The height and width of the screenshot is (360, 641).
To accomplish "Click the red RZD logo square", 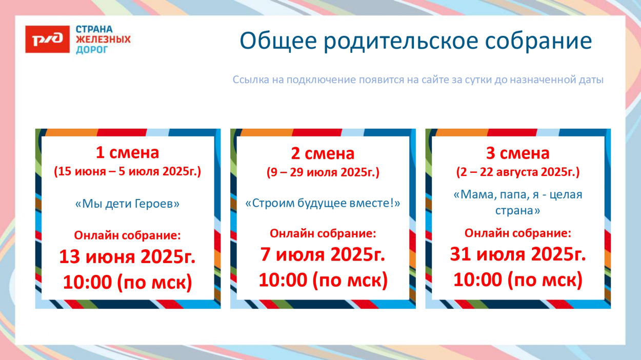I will point(47,39).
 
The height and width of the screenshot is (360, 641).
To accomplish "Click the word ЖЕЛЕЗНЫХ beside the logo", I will point(103,39).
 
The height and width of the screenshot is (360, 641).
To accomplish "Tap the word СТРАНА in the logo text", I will point(94,29).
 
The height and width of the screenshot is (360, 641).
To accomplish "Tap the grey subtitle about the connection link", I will point(418,80).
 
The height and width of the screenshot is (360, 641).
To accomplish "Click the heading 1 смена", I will point(128,152).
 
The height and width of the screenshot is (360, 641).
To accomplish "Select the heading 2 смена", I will point(323,153).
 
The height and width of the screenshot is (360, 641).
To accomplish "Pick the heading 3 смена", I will point(517,153).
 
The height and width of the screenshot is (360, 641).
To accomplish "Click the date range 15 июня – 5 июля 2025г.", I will point(128,171).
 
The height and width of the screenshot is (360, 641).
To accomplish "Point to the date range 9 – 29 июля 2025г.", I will point(323,172).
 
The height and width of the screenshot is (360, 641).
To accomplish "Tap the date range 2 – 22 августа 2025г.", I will point(517,172).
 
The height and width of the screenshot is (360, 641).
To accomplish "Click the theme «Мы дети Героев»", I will point(128,204).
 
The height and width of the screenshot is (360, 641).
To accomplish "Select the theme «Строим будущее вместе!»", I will point(323,203).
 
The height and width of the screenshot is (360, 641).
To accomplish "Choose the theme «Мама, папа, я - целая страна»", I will point(517,203).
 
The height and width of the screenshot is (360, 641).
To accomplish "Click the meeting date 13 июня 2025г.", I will point(128,256).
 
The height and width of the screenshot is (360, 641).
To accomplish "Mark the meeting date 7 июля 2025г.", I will point(323,254).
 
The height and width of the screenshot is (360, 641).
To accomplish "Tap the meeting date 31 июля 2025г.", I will point(517,254).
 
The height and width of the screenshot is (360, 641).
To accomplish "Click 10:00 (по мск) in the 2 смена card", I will point(323,281).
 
